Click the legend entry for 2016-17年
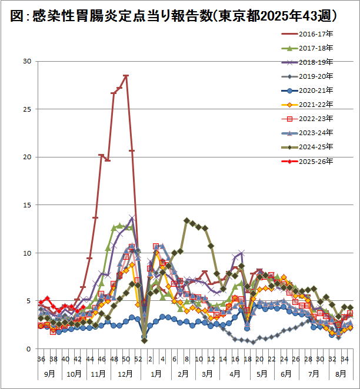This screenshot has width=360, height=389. click(x=318, y=33)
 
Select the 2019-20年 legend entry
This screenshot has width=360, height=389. click(x=318, y=76)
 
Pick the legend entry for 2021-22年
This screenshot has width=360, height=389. click(x=318, y=104)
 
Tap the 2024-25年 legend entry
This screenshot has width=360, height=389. click(x=318, y=146)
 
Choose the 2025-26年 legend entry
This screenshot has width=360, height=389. click(x=318, y=160)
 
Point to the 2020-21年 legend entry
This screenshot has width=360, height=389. click(x=318, y=90)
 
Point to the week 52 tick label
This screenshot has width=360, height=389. click(x=138, y=359)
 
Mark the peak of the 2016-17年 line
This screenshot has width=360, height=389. click(x=126, y=76)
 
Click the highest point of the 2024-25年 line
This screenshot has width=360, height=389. click(x=186, y=220)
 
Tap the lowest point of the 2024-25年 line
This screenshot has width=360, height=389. click(x=144, y=341)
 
